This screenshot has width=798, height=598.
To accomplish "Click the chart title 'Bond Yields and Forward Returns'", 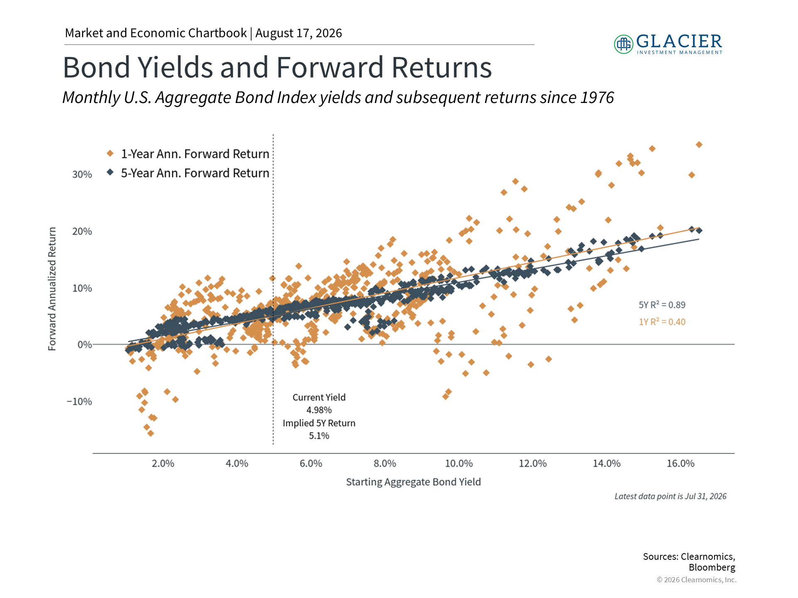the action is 277,67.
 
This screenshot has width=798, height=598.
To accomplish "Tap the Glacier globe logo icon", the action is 623,44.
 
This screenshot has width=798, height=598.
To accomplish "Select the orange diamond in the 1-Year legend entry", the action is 110,154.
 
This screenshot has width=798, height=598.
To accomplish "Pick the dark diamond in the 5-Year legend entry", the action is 110,172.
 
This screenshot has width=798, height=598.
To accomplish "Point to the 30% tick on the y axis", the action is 82,174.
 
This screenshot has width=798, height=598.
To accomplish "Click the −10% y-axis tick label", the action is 79,402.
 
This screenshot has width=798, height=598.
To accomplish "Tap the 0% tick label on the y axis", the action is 85,345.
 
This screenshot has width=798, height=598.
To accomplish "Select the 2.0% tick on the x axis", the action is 163,463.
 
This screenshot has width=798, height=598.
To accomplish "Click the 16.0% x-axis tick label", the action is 680,463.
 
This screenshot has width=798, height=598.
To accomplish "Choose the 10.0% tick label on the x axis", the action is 459,463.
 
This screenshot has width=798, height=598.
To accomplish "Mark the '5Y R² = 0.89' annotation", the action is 662,305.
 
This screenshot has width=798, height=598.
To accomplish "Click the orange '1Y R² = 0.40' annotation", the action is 662,322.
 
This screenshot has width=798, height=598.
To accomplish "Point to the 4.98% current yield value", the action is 319,410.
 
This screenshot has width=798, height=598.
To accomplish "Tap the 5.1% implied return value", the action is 319,436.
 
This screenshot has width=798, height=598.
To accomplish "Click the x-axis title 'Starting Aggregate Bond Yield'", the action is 414,482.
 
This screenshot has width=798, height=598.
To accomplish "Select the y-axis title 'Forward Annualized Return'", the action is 52,289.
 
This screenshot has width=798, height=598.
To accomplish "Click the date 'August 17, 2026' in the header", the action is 299,33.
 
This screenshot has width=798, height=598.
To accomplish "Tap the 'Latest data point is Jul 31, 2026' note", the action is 670,496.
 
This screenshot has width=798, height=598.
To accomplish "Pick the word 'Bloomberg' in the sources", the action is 712,567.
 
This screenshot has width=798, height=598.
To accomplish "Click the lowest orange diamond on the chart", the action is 151,434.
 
